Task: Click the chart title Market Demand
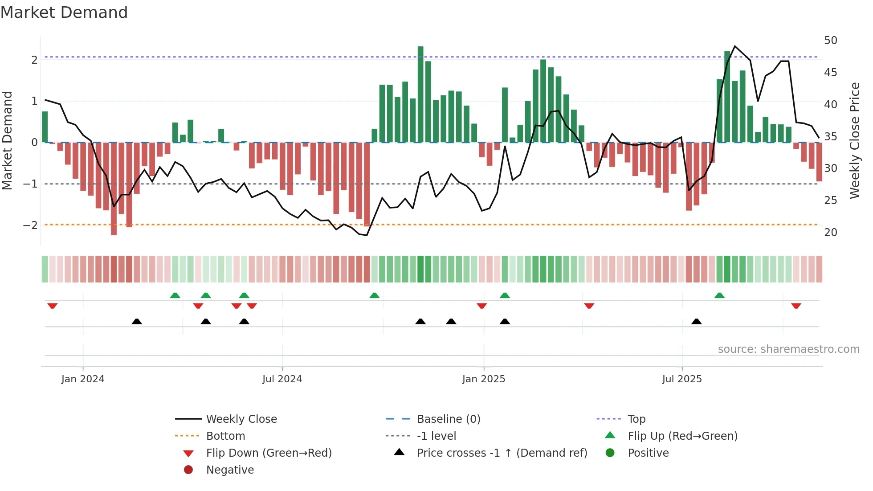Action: point(64,12)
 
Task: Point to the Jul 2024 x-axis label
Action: point(282,379)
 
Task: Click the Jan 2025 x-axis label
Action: point(483,379)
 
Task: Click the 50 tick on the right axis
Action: point(830,41)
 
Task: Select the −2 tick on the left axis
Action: point(31,225)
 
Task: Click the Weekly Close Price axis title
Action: point(854,140)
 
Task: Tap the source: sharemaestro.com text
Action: point(788,349)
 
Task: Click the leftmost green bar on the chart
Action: point(45,127)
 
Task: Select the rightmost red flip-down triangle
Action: point(796,306)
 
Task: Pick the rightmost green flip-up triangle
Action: point(719,295)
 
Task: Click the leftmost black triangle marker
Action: point(137,321)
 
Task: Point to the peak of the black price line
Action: point(735,46)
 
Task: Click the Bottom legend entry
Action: point(225,436)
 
